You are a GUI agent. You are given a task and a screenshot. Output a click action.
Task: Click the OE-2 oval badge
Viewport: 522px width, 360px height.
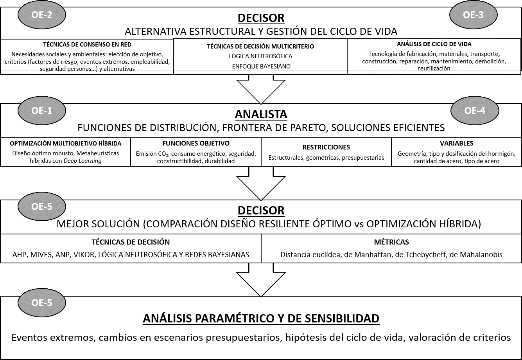42,15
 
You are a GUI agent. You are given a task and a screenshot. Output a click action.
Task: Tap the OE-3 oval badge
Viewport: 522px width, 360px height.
473,15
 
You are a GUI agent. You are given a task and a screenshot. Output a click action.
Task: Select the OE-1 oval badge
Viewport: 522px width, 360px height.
42,111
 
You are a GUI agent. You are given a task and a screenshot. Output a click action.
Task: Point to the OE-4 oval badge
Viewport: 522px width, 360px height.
475,111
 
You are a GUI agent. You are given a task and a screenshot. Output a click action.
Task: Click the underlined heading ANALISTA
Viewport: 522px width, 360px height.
261,114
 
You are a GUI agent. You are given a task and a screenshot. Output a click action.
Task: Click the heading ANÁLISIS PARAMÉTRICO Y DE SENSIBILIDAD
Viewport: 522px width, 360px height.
261,319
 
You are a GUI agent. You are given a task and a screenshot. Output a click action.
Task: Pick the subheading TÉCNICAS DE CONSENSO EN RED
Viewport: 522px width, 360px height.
87,45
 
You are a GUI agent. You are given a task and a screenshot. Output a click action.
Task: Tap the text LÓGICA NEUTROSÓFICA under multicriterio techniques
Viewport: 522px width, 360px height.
260,56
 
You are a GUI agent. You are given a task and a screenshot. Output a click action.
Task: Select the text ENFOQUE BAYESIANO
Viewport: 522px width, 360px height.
260,66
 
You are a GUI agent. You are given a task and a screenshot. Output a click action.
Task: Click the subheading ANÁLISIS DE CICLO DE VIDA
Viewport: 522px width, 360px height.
434,45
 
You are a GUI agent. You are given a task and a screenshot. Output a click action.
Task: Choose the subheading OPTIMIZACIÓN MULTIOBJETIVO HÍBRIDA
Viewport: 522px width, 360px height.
66,144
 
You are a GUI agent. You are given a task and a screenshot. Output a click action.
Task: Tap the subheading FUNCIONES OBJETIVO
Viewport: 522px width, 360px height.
196,144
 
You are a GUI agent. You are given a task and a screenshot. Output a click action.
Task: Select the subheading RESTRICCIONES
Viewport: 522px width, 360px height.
326,148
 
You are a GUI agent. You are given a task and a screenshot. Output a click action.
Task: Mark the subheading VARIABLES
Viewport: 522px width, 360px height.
456,144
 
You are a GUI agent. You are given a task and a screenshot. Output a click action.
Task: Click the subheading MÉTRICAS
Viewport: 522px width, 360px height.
391,242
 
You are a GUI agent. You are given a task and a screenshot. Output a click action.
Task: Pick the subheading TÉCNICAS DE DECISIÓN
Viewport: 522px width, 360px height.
131,242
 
